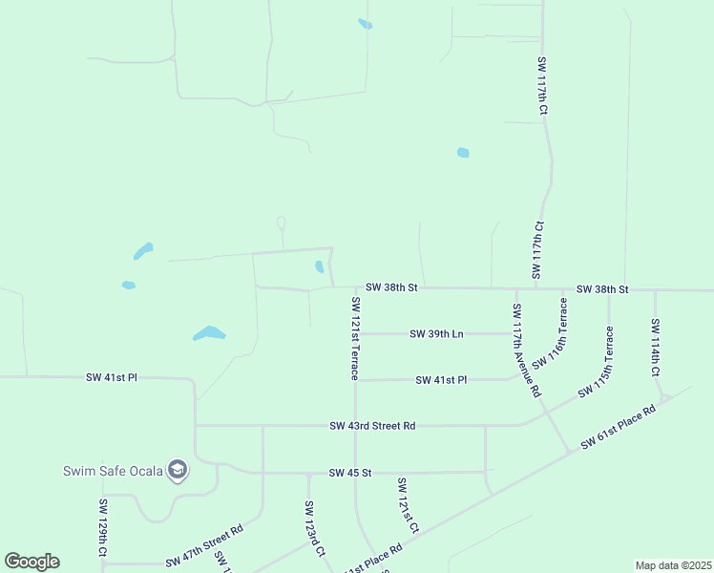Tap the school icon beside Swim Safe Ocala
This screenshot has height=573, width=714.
click(x=177, y=470)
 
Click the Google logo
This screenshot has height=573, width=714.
click(x=31, y=562)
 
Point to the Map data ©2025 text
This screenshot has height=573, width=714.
click(x=674, y=565)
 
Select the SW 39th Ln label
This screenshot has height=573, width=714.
click(x=436, y=333)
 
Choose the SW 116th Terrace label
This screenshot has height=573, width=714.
click(x=552, y=333)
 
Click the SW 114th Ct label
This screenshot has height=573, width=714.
click(x=655, y=347)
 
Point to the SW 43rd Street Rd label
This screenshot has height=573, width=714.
click(x=372, y=425)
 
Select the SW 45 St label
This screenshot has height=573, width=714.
click(x=349, y=473)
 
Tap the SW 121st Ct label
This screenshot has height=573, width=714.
click(x=408, y=505)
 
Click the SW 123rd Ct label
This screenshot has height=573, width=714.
click(x=315, y=529)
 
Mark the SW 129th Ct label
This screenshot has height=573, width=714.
click(x=103, y=527)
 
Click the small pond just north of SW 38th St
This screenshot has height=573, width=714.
click(x=319, y=267)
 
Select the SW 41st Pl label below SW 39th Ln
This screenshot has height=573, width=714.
click(x=441, y=379)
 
